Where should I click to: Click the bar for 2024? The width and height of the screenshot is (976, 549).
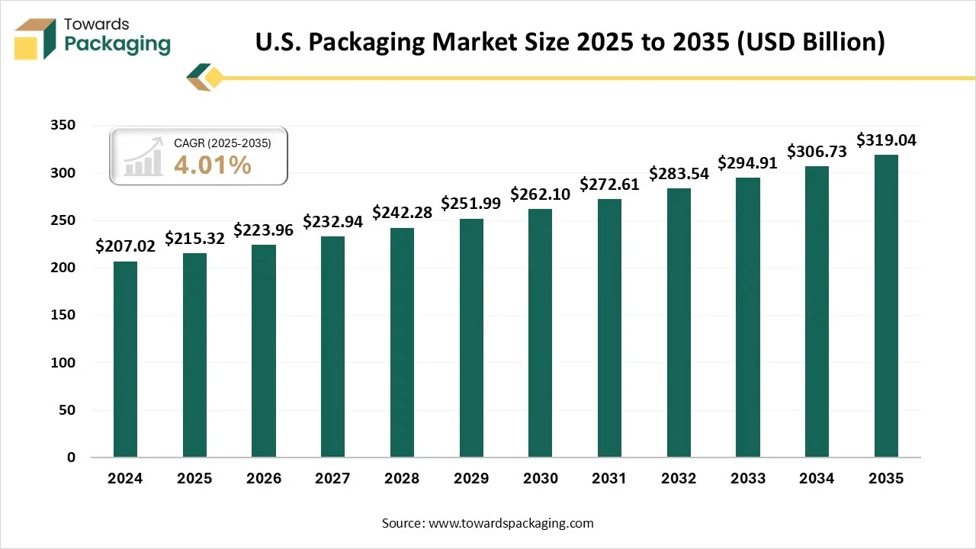point(125,359)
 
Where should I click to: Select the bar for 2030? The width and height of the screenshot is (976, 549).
point(540,333)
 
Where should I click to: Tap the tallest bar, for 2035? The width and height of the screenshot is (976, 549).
point(886,306)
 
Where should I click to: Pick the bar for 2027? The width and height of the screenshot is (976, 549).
point(332,347)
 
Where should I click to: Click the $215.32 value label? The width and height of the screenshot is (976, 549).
point(194,239)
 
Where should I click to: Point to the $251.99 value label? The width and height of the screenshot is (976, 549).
point(471,204)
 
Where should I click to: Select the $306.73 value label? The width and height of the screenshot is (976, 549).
point(817,152)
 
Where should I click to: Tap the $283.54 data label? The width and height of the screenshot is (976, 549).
point(679,173)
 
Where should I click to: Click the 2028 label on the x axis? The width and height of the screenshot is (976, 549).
point(402,479)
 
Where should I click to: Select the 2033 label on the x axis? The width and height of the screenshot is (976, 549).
point(748,479)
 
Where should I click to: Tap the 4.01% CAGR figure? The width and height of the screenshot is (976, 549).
point(213,165)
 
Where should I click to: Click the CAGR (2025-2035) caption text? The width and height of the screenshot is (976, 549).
point(222,143)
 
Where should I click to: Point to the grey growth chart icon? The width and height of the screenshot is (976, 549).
point(144,157)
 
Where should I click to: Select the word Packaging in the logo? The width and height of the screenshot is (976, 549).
point(117,43)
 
